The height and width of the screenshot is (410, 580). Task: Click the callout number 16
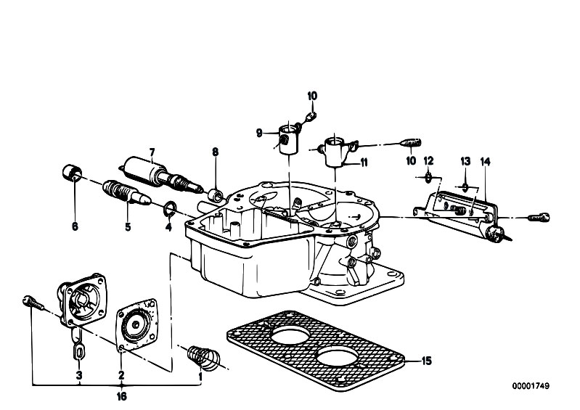tap(122, 396)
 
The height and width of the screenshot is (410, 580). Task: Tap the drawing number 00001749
tap(531, 386)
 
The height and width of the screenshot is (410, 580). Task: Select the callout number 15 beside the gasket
tap(427, 361)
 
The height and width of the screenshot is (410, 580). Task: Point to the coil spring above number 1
tap(203, 358)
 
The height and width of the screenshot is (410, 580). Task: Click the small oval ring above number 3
tap(79, 351)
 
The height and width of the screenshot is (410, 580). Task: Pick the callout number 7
tap(152, 152)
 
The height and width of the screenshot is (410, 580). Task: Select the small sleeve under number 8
tap(216, 195)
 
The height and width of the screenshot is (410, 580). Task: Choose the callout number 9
tap(259, 133)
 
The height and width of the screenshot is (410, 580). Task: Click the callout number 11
tap(364, 163)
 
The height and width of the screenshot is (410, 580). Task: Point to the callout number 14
tap(486, 162)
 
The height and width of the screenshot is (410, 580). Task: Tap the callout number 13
tap(465, 161)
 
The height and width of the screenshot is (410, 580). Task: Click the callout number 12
tap(428, 161)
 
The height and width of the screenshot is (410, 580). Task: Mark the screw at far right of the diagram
tap(539, 218)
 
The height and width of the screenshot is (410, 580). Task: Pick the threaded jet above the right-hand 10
tap(411, 142)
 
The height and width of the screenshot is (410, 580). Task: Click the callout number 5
tap(128, 226)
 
